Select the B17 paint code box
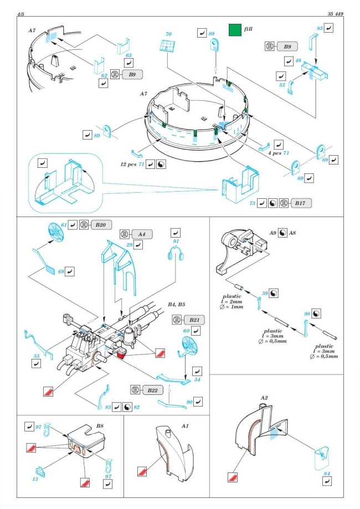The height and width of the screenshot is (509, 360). coord(300,203)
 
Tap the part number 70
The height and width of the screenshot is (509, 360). coord(168,34)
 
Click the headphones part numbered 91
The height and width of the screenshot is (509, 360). coord(176,256)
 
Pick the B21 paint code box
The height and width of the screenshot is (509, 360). coord(193,320)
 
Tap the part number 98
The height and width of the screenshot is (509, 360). coord(307,315)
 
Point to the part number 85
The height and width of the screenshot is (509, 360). coord(320,27)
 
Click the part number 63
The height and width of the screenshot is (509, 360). coord(128,55)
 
